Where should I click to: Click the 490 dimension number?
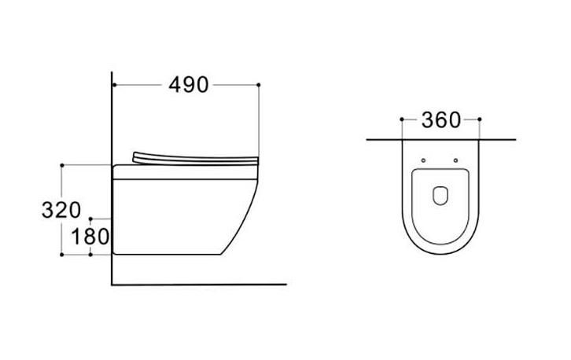188,85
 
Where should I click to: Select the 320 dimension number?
61,210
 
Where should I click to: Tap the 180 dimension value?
90,237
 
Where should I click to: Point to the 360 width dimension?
441,119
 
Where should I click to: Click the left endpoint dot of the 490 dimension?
114,85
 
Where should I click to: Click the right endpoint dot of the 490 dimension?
259,85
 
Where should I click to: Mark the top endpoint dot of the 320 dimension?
62,165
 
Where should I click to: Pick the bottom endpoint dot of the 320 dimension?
62,255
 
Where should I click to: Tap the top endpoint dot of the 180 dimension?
90,219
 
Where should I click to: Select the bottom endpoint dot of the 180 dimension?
90,255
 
